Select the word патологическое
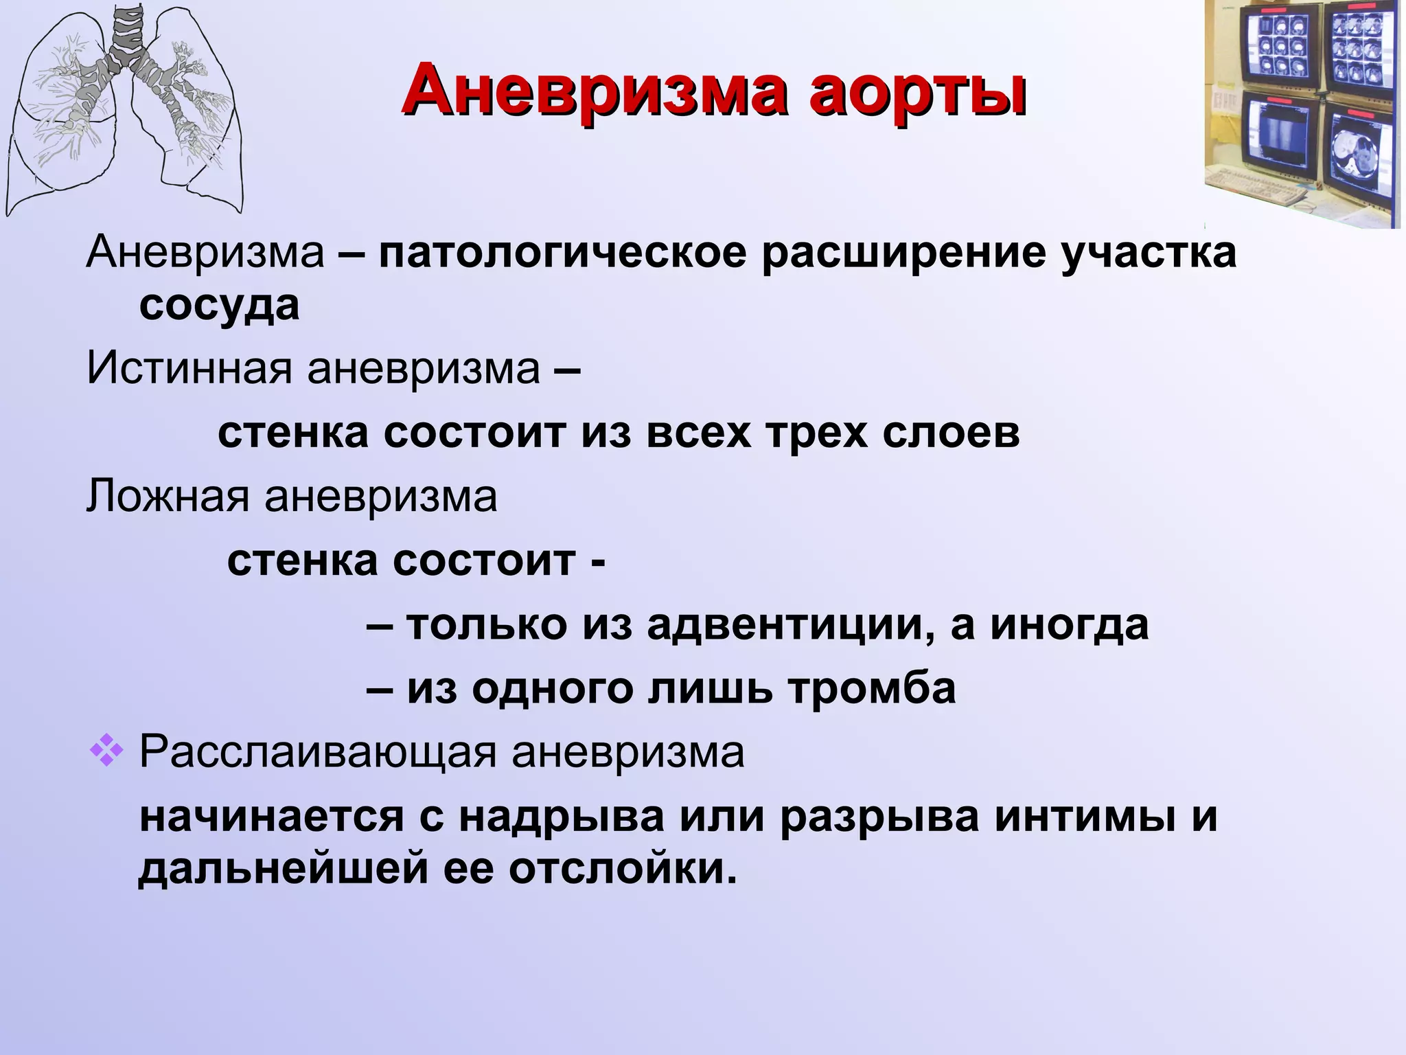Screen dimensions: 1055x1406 (562, 253)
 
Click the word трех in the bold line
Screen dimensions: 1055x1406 (816, 433)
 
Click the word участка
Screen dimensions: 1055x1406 (1148, 253)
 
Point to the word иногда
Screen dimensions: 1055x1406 (1068, 626)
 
